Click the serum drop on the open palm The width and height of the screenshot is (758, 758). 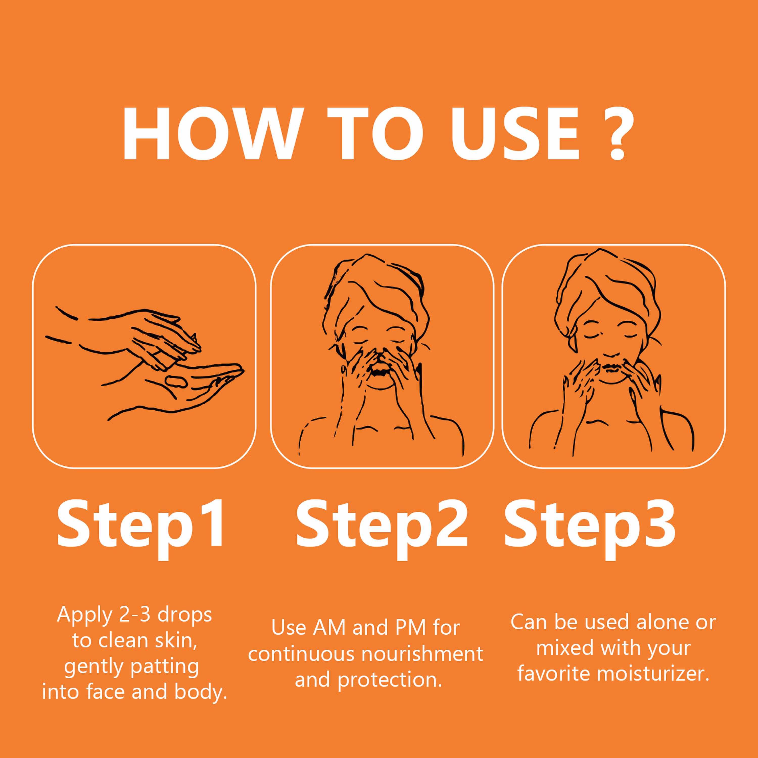point(175,380)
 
